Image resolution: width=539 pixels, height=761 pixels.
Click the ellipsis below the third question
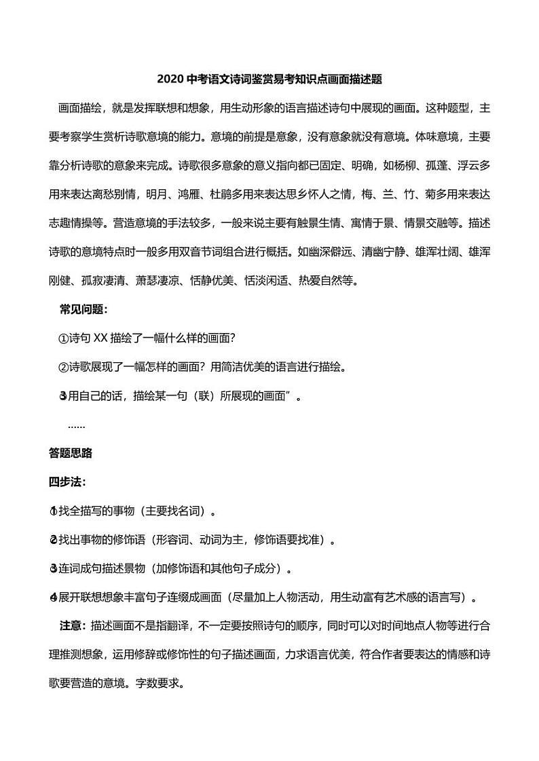(x=76, y=425)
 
